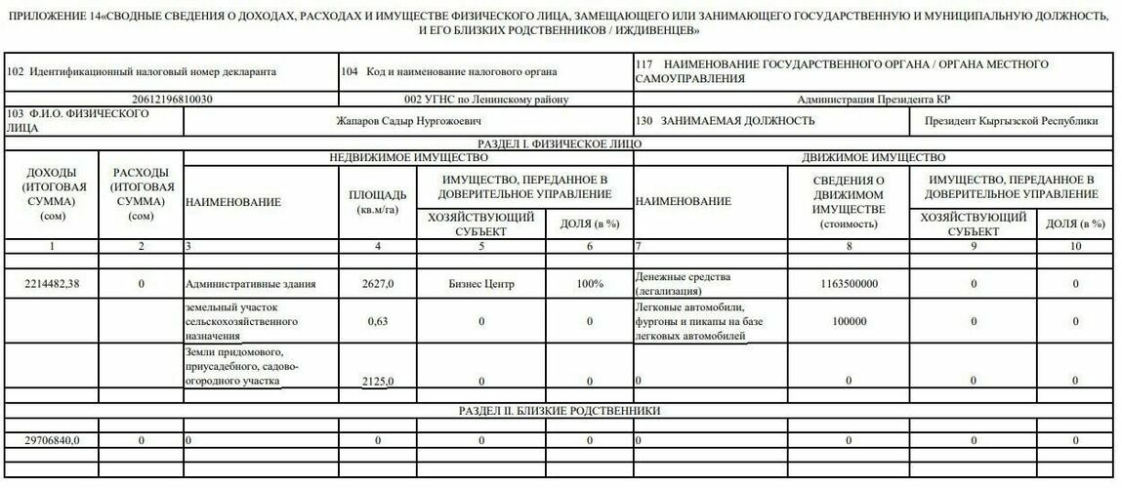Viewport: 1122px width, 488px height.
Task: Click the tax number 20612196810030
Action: (x=172, y=100)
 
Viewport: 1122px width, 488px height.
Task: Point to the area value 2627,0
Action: (x=377, y=284)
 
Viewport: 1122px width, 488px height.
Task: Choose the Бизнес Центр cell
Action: (x=481, y=284)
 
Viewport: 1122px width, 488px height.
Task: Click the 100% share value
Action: (x=589, y=284)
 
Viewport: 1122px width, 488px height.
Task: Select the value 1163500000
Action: (x=849, y=284)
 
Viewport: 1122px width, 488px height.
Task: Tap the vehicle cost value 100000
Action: (x=849, y=321)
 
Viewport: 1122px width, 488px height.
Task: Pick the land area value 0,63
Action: (x=377, y=321)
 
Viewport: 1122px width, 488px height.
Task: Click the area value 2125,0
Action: (x=377, y=381)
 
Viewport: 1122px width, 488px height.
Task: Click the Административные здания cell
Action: (x=250, y=285)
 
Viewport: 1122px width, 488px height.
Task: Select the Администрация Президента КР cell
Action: (x=873, y=100)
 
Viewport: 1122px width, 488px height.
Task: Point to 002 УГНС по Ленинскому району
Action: (x=485, y=100)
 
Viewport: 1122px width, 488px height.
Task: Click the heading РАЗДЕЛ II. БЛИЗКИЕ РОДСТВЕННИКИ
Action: (x=560, y=411)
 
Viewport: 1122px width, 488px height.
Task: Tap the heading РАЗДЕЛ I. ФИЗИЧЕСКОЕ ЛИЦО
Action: (x=560, y=143)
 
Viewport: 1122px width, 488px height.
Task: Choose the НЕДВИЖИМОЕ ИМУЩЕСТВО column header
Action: (x=408, y=157)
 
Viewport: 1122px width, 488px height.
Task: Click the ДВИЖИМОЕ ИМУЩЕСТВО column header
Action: (x=873, y=157)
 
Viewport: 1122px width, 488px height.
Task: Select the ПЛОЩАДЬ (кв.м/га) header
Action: (x=377, y=202)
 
